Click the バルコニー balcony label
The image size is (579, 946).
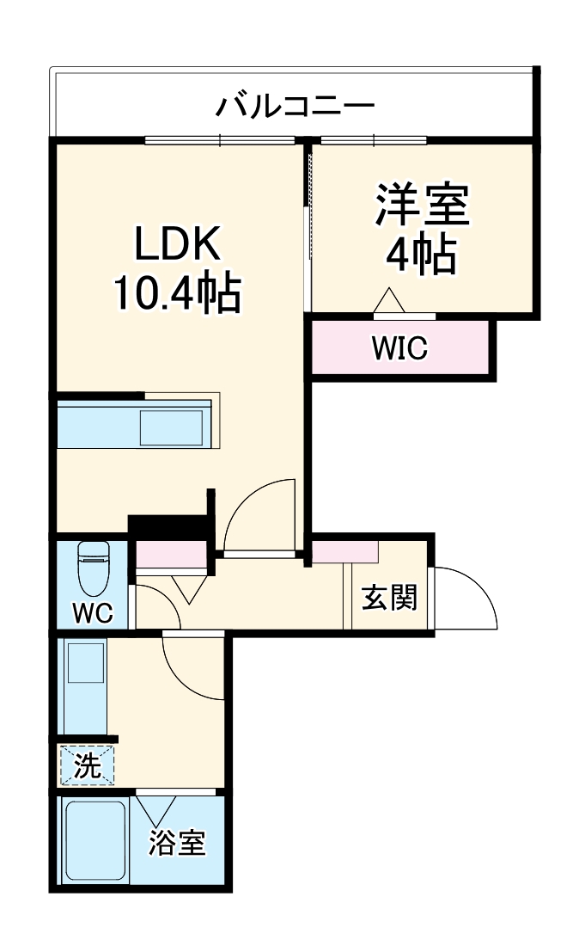click(295, 107)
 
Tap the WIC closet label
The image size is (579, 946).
click(399, 348)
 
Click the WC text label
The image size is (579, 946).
click(92, 612)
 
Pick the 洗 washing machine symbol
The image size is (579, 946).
click(86, 765)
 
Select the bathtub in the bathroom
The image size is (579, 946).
click(94, 841)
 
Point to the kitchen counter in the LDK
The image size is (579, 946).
click(133, 425)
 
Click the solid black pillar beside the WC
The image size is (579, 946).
click(168, 525)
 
